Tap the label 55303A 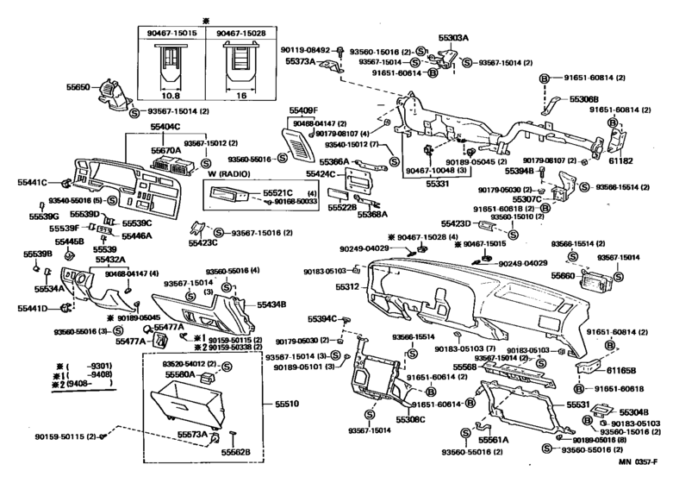(x=454, y=38)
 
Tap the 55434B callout (x=271, y=304)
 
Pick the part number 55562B (x=235, y=452)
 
